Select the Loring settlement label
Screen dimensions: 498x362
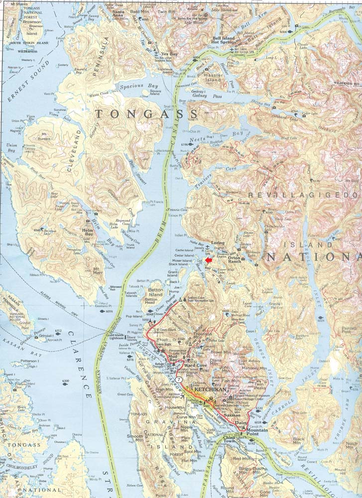(219, 243)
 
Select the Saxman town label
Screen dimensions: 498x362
(232, 415)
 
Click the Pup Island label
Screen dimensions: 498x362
(134, 316)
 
